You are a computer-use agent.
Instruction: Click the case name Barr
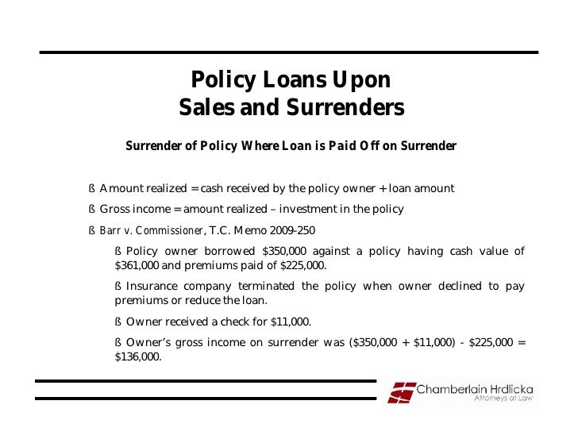[110, 231]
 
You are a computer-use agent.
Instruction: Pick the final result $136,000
[138, 357]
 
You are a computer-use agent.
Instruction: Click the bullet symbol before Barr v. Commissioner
[92, 231]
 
